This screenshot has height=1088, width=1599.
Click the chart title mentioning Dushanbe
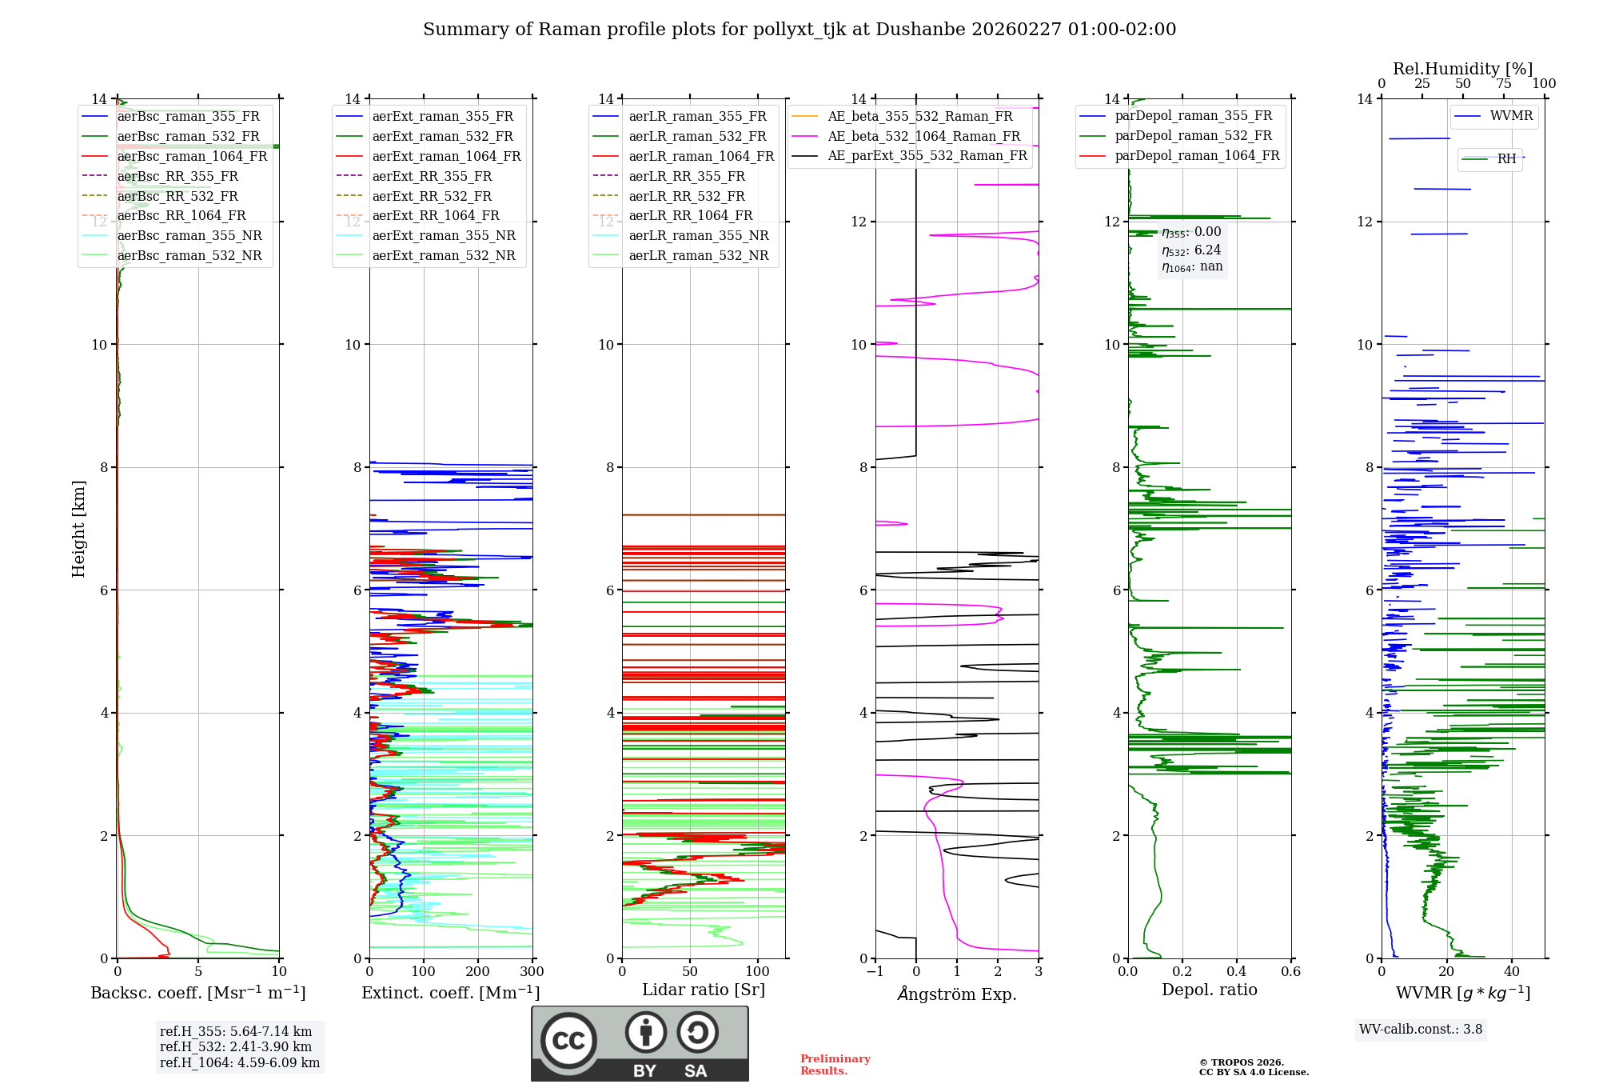tap(799, 30)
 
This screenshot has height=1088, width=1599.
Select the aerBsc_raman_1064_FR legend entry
tap(192, 156)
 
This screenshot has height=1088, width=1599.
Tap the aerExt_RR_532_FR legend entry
tap(432, 196)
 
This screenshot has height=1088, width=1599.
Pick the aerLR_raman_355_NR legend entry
tap(698, 235)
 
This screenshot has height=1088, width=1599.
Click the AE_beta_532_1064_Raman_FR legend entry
tap(923, 136)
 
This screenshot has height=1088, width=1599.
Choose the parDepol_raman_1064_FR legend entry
tap(1197, 155)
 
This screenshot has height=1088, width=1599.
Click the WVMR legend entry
tap(1511, 116)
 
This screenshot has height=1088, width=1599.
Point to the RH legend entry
tap(1506, 158)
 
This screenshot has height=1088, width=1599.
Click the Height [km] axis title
tap(78, 528)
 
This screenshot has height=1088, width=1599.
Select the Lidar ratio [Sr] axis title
tap(704, 990)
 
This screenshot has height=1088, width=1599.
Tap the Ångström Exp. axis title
tap(957, 994)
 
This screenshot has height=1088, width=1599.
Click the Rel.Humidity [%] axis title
tap(1462, 69)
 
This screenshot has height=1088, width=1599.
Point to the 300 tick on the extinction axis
tap(532, 971)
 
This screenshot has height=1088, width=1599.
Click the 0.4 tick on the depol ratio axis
tap(1237, 971)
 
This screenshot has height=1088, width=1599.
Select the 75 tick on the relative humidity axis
tap(1504, 83)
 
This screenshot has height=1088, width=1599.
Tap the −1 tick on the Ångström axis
tap(875, 971)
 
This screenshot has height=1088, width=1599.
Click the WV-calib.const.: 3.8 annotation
tap(1421, 1029)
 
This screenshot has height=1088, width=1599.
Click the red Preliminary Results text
tap(835, 1064)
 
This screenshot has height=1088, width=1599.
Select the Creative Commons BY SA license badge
tap(640, 1043)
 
